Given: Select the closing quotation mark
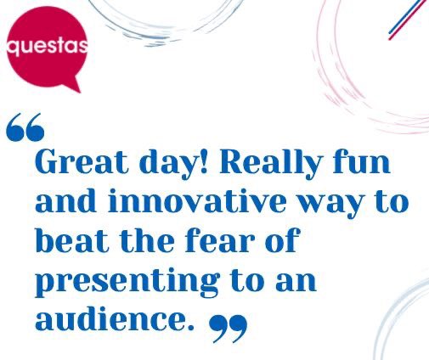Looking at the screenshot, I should tap(228, 327).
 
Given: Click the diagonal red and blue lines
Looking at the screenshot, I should tap(408, 19).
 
